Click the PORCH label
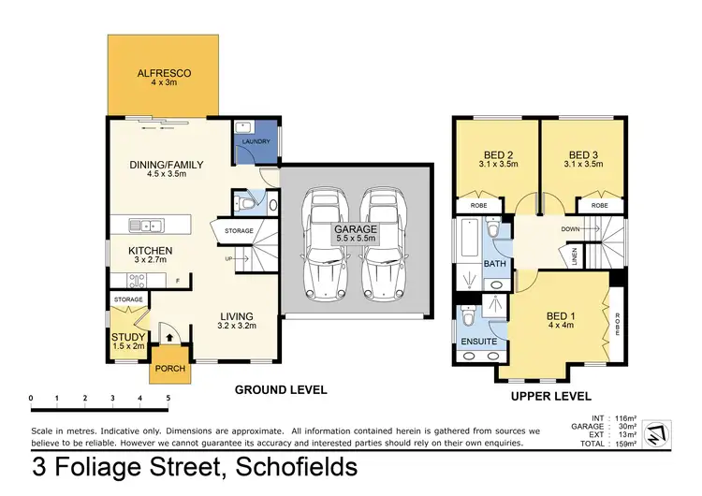click(x=169, y=368)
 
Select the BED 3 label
click(x=582, y=154)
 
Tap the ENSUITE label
click(x=478, y=343)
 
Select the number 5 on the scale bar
click(x=168, y=399)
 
